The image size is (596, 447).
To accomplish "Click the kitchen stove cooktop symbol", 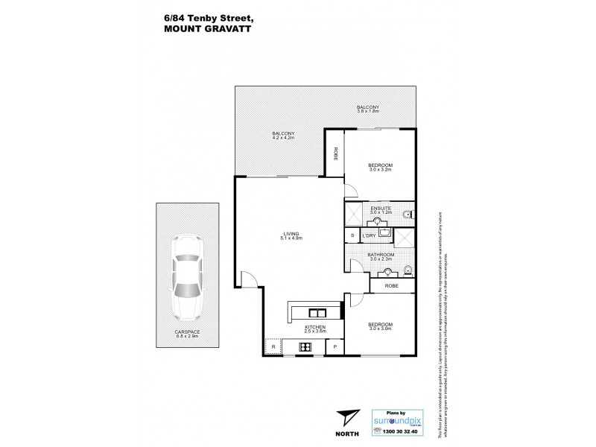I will click(x=305, y=346).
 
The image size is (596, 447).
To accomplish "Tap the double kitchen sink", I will click(x=316, y=313).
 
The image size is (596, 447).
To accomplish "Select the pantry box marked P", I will click(x=335, y=347).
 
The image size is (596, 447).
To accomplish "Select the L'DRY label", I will click(x=367, y=236).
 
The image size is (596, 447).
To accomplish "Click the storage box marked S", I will click(x=352, y=236).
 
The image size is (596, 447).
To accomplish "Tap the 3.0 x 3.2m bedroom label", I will click(x=381, y=167).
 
